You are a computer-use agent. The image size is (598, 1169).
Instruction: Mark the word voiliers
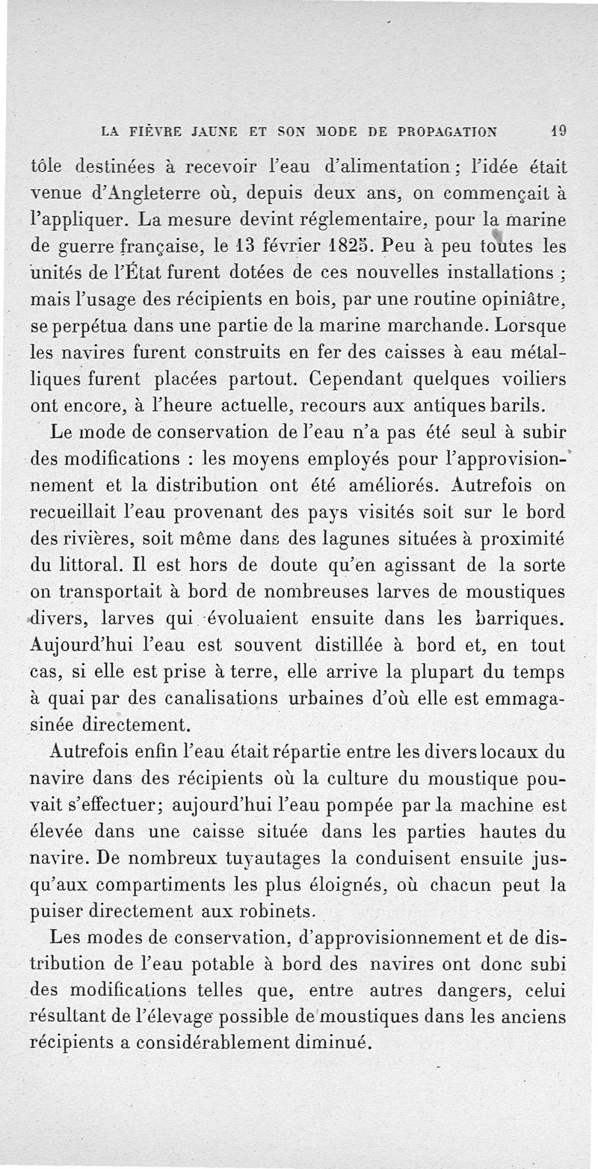point(532,378)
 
